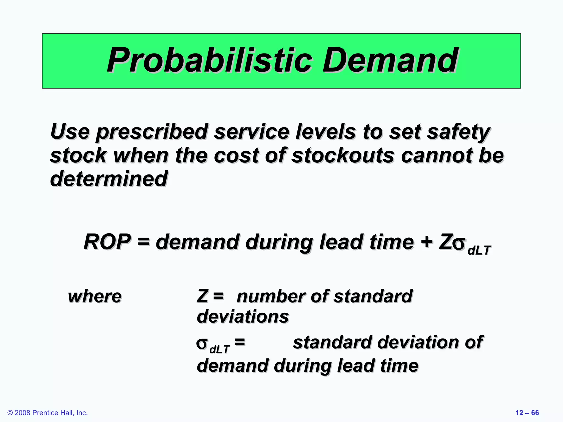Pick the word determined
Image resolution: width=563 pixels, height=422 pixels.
(109, 179)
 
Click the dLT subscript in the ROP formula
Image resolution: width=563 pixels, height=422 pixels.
(479, 250)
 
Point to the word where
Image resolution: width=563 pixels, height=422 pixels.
(95, 297)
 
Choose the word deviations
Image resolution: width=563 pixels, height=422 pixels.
(243, 317)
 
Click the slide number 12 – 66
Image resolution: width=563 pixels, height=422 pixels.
(527, 413)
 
